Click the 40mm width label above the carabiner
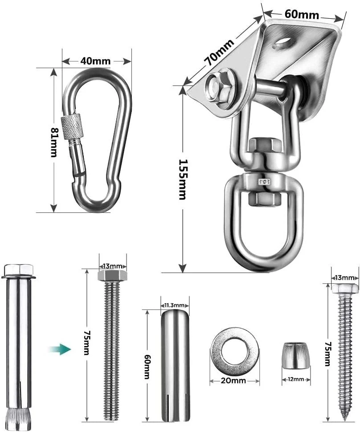(x=95, y=61)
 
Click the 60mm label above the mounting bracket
(x=302, y=14)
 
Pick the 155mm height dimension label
(x=182, y=179)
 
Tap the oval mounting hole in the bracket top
(x=283, y=42)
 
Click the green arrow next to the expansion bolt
(x=60, y=349)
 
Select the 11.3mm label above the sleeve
(x=175, y=305)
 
